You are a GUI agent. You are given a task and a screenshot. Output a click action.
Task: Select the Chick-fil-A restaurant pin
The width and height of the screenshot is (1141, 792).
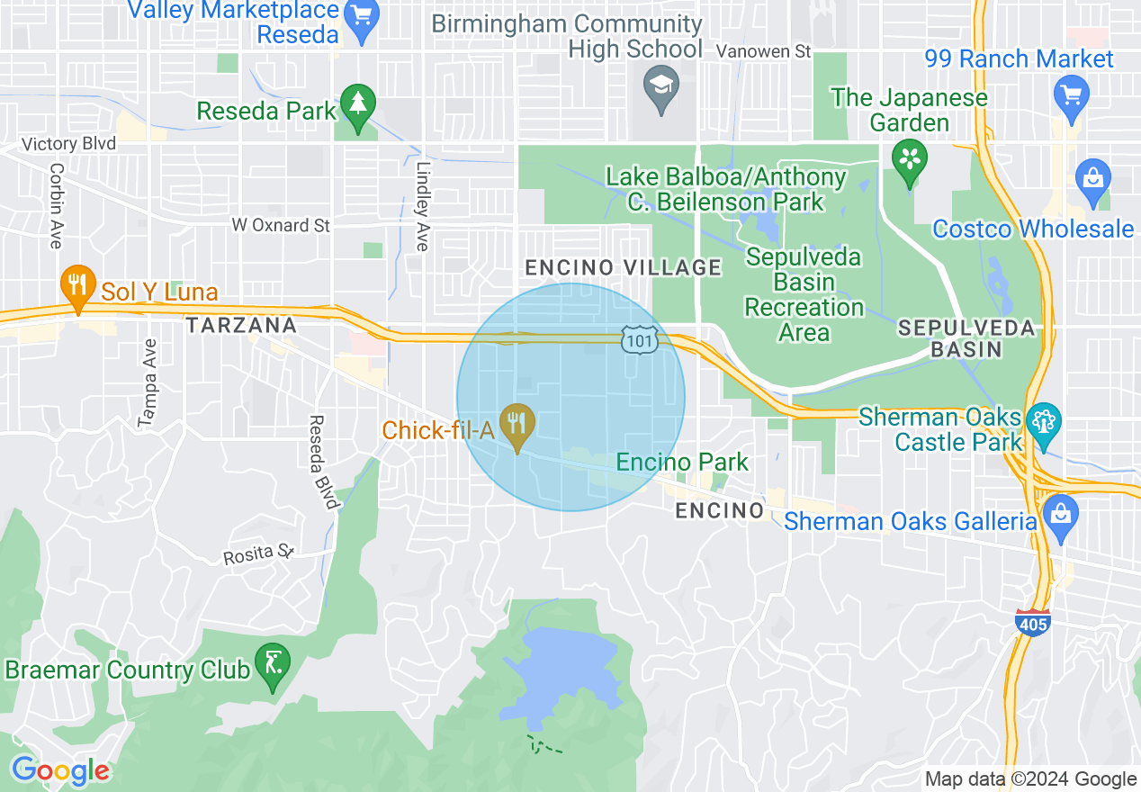tap(517, 427)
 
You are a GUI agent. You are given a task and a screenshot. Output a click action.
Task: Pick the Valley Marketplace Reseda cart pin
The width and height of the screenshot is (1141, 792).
tap(363, 20)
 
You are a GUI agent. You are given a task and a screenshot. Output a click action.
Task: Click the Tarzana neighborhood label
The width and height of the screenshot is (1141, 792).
tap(241, 325)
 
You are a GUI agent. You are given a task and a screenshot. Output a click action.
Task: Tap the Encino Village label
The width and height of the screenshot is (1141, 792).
tap(623, 267)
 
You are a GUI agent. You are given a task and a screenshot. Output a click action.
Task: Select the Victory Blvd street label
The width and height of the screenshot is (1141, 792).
tap(69, 144)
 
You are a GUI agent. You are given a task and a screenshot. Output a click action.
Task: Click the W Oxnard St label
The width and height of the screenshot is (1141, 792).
tap(281, 225)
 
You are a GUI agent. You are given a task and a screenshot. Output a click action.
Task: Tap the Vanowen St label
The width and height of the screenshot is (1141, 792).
tap(764, 52)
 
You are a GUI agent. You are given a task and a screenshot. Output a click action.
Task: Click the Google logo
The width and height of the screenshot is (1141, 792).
tap(60, 770)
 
